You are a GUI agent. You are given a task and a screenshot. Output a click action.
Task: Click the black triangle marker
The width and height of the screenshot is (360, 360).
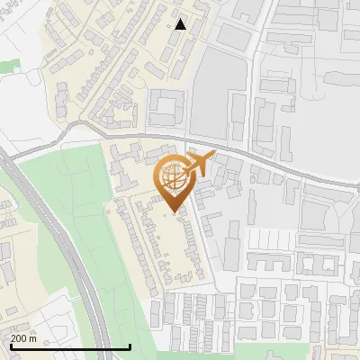[181, 24]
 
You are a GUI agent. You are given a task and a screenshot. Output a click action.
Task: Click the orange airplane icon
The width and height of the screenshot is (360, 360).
[201, 165]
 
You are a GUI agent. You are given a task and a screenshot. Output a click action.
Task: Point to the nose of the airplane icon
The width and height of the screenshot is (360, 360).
[214, 156]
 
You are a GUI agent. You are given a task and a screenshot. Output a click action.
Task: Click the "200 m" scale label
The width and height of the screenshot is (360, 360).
[24, 338]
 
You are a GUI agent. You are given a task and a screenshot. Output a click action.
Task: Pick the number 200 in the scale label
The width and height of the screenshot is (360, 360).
[20, 338]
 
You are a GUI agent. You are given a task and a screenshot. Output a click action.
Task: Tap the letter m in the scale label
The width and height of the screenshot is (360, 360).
[33, 338]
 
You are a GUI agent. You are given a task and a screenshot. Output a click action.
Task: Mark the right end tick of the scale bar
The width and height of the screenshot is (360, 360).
[130, 345]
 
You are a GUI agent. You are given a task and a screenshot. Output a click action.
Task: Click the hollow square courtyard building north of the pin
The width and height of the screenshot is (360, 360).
[167, 108]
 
